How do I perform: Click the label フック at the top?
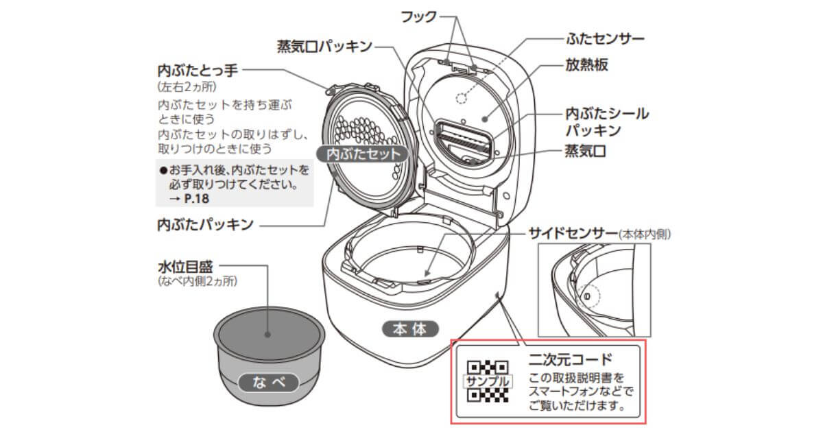point(417,16)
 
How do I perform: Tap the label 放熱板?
point(586,67)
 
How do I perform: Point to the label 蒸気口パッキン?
point(324,47)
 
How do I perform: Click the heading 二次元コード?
point(570,359)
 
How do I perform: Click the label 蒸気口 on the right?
point(585,152)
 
